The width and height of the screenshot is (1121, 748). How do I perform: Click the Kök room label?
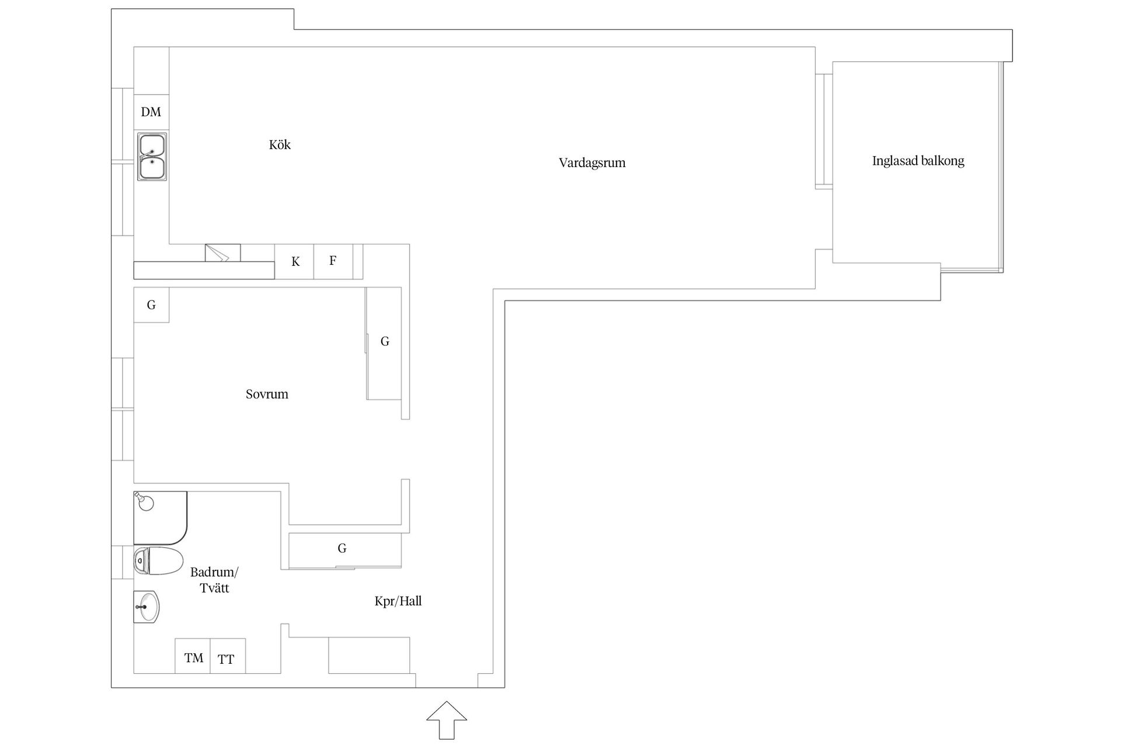280,144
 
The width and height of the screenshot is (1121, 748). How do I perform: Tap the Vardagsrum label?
592,163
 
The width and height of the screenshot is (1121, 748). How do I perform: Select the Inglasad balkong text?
918,161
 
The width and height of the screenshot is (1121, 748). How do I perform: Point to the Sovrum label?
267,394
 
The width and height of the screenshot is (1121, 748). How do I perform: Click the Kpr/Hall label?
398,601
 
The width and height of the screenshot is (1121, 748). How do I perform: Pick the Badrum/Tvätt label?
214,580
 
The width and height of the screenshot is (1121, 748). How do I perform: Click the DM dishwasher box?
151,112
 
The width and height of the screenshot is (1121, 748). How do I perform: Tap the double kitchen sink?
152,157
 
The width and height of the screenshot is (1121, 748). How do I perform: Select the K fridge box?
295,261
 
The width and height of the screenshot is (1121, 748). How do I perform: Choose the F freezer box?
333,261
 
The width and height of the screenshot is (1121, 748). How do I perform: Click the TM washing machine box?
193,656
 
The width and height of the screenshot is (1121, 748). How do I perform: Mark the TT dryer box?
228,656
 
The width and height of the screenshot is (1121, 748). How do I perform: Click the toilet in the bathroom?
158,561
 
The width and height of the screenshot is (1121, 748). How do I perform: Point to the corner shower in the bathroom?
160,518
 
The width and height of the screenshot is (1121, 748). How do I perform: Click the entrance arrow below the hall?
447,720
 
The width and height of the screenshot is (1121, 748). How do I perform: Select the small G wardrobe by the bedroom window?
151,304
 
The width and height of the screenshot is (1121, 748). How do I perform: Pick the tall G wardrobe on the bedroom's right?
384,344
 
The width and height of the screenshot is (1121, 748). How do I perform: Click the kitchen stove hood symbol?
222,252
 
